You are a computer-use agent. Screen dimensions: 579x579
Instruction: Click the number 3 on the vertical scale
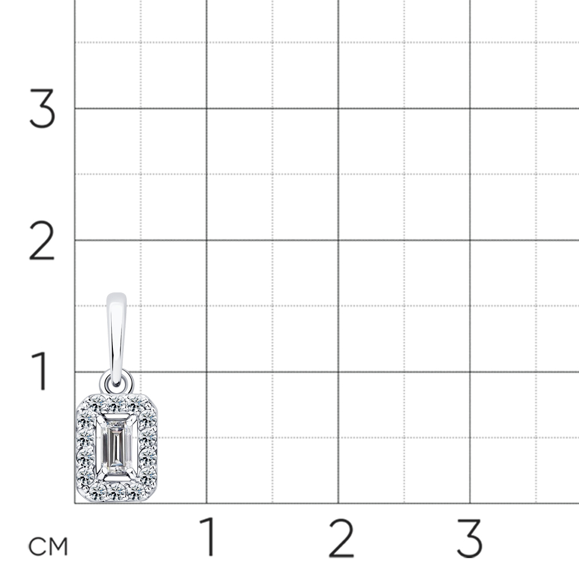tap(42, 109)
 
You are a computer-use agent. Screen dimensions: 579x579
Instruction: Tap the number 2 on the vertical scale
tap(42, 240)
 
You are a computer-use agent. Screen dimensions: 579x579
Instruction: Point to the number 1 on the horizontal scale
tap(208, 537)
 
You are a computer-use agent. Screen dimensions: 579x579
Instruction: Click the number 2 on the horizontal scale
tap(341, 538)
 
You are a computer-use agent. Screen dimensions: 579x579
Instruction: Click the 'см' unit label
tap(49, 547)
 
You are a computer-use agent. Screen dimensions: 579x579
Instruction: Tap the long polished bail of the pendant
tap(116, 336)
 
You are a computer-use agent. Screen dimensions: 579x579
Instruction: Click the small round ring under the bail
tap(117, 382)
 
